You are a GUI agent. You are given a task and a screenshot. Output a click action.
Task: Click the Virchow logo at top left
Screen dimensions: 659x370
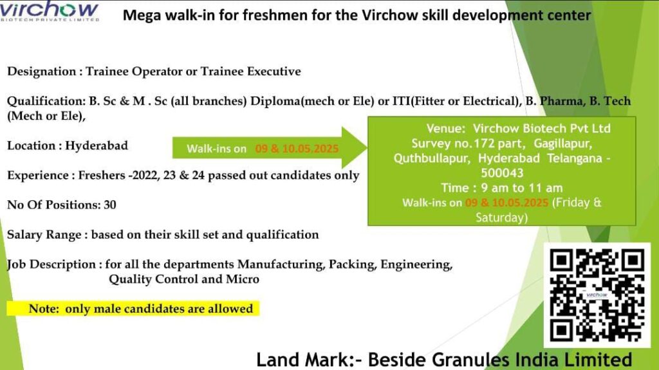point(50,11)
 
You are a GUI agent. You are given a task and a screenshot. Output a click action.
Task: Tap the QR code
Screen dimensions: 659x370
point(597,295)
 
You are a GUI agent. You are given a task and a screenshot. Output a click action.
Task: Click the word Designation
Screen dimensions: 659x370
point(42,71)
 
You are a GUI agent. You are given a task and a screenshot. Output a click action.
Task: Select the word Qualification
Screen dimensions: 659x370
point(46,101)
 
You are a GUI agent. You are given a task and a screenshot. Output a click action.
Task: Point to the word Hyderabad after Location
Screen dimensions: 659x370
point(97,145)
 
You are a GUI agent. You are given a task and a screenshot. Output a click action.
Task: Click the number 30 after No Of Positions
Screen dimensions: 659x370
point(109,205)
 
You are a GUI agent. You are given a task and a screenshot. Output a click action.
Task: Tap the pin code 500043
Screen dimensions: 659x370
point(502,173)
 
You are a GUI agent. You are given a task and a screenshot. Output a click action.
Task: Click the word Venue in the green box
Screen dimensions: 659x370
point(445,129)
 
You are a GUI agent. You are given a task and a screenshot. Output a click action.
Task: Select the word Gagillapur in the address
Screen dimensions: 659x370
point(563,143)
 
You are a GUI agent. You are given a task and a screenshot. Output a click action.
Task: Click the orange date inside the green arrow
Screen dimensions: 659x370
point(297,149)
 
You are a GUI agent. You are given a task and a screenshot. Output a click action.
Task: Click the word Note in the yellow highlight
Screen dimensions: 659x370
point(44,309)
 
